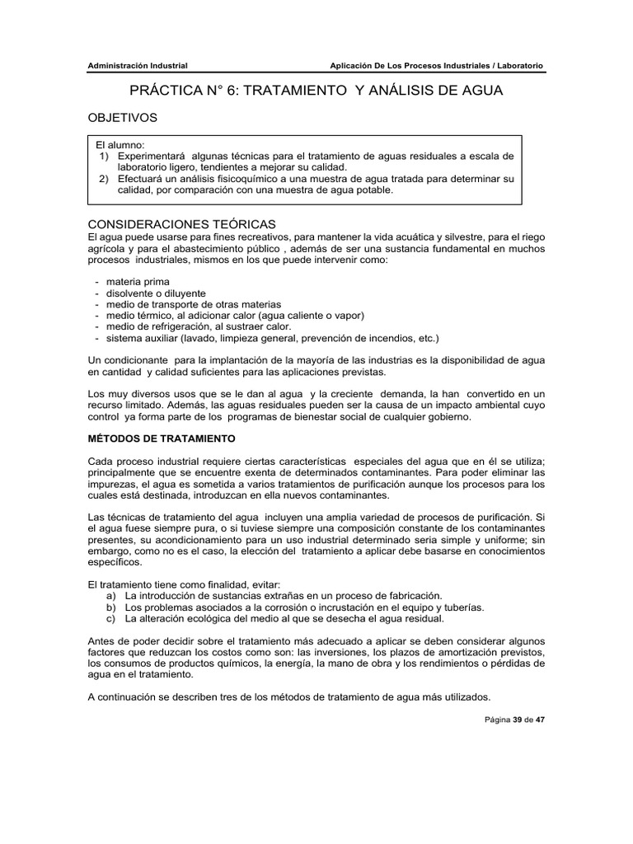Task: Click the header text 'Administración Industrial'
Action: click(138, 66)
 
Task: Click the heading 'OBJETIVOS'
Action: click(122, 118)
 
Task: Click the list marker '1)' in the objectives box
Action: click(104, 156)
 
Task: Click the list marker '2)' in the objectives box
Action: click(104, 178)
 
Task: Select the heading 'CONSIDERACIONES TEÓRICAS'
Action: click(181, 224)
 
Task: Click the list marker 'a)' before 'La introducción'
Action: click(112, 595)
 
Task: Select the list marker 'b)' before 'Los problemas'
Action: click(112, 607)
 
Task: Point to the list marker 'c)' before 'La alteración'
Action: click(112, 619)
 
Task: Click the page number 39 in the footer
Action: click(518, 719)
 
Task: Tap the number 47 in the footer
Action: click(540, 719)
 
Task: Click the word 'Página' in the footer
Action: click(496, 719)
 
